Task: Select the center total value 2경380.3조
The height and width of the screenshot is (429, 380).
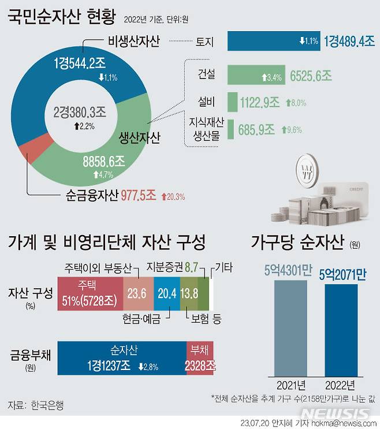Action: pyautogui.click(x=79, y=114)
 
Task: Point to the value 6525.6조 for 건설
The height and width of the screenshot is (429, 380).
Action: pyautogui.click(x=311, y=76)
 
